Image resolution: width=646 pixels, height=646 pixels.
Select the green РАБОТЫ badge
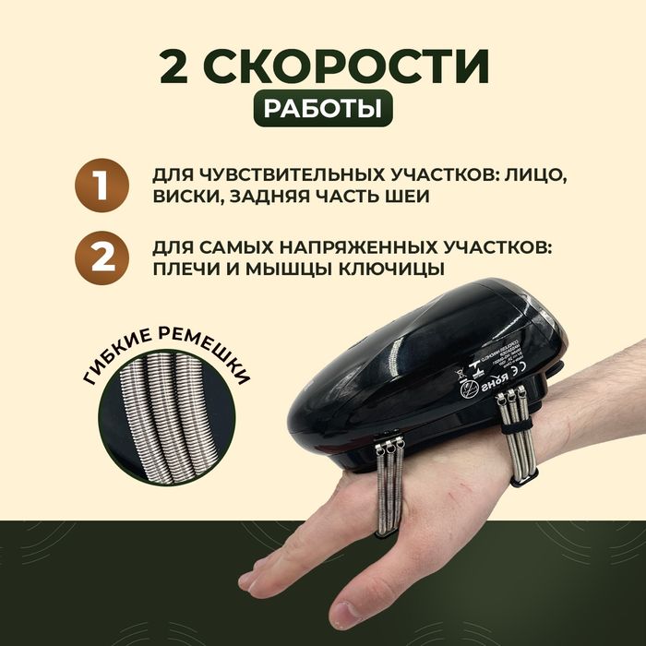click(x=323, y=110)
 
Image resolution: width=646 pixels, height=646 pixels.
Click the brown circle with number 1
click(x=100, y=185)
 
